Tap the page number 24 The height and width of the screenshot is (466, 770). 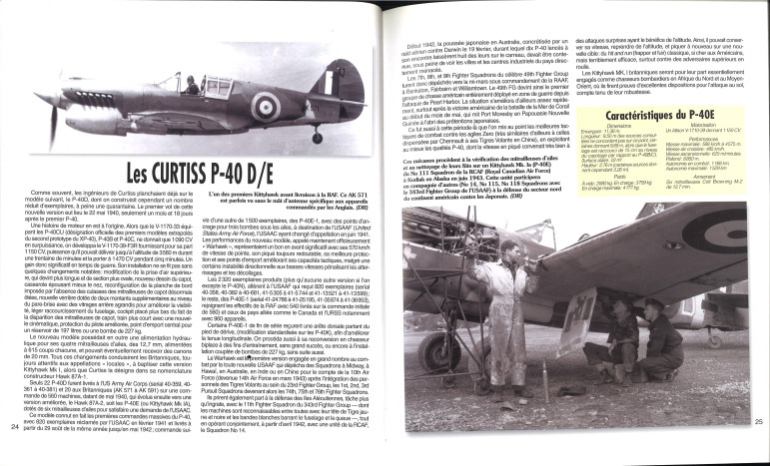[x=12, y=427]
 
